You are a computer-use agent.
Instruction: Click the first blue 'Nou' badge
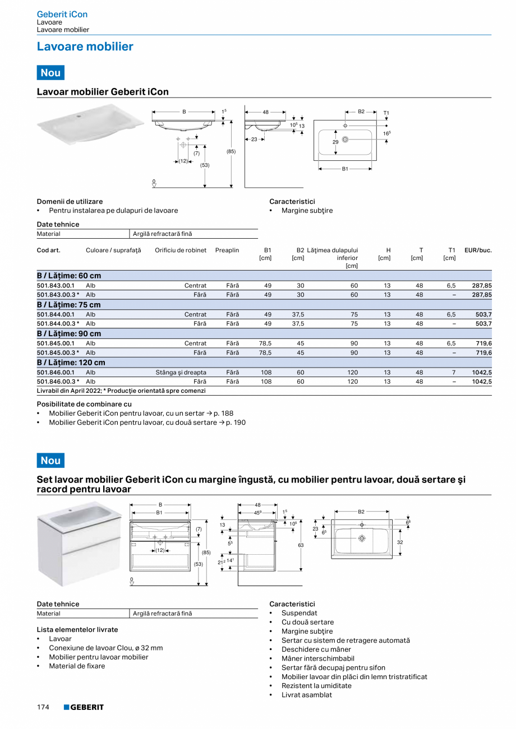(x=50, y=73)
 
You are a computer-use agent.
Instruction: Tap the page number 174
(x=43, y=707)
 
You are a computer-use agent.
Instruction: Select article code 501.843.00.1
(x=56, y=285)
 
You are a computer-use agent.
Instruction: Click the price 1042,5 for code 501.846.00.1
(x=482, y=372)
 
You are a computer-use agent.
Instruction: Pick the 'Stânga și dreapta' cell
(x=181, y=372)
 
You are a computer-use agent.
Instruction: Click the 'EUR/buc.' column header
(x=478, y=250)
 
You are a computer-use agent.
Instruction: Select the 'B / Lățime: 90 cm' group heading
(x=69, y=333)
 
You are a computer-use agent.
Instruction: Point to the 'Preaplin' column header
(x=227, y=250)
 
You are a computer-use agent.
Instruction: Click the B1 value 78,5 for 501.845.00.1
(x=266, y=343)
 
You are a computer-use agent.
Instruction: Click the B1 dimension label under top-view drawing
(x=345, y=169)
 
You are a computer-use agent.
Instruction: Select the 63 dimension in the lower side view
(x=301, y=544)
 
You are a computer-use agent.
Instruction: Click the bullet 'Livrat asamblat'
(x=306, y=695)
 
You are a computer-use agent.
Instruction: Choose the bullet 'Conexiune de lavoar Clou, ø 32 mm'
(x=105, y=648)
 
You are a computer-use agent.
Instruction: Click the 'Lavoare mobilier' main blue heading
(x=85, y=47)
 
